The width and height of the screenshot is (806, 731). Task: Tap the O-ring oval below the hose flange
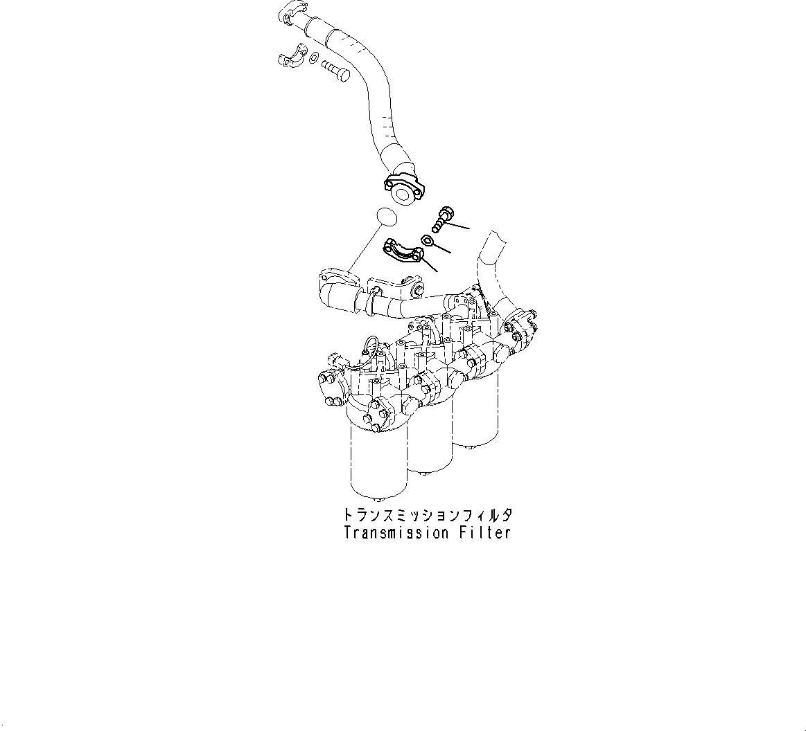click(386, 217)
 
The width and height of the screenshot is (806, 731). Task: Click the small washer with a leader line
click(428, 241)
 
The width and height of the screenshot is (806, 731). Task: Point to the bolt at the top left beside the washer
click(336, 71)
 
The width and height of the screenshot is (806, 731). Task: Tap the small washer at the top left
click(314, 58)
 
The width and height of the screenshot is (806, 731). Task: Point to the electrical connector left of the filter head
click(337, 361)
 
